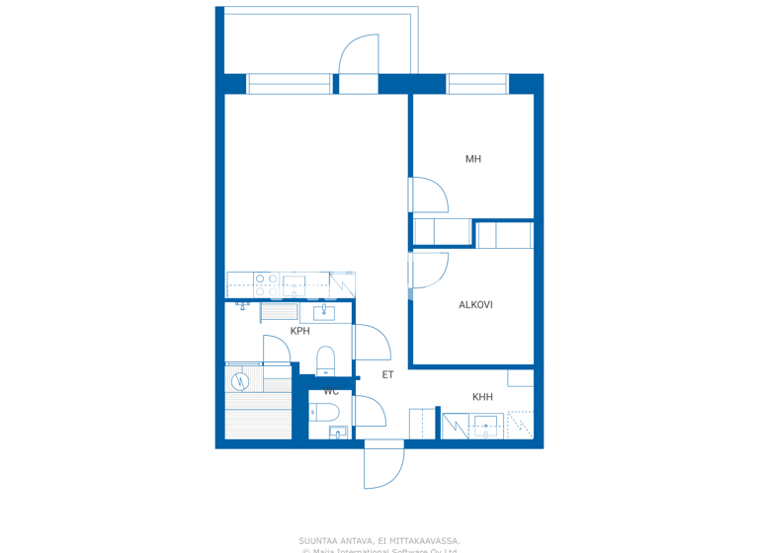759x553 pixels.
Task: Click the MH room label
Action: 473,159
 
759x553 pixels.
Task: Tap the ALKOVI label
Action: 475,305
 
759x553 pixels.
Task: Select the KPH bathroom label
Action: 299,331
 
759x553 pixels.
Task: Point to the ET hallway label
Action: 388,375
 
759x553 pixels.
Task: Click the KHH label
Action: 482,397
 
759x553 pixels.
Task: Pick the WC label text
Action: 331,392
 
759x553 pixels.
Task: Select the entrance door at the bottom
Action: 383,464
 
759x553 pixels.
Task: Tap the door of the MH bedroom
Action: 427,195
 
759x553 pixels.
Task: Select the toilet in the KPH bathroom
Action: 326,359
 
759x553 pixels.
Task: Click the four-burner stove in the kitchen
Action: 266,285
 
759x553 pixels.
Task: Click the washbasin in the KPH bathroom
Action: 325,314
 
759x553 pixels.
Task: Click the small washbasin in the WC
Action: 336,433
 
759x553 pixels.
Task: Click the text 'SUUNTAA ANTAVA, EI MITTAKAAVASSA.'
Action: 379,541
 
